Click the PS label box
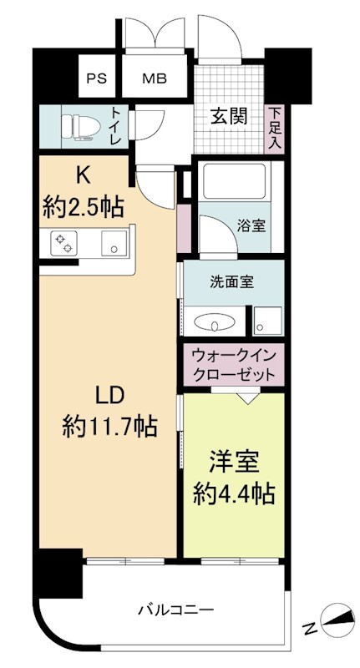click(x=97, y=78)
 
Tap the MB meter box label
click(x=155, y=78)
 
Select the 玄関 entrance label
click(x=229, y=116)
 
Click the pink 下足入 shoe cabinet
click(x=275, y=129)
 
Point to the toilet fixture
click(x=80, y=127)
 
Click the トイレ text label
click(x=115, y=127)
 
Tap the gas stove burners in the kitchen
click(x=64, y=243)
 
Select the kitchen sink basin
click(x=114, y=243)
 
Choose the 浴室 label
click(x=251, y=226)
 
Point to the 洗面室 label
click(x=232, y=282)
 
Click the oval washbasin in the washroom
click(x=214, y=321)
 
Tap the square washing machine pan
click(x=267, y=321)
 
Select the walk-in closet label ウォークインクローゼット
click(x=233, y=365)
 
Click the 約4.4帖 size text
click(x=233, y=494)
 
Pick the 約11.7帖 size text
click(x=109, y=427)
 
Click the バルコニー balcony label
click(x=175, y=610)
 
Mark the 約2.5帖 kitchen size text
click(x=83, y=207)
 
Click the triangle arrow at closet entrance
click(x=247, y=397)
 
